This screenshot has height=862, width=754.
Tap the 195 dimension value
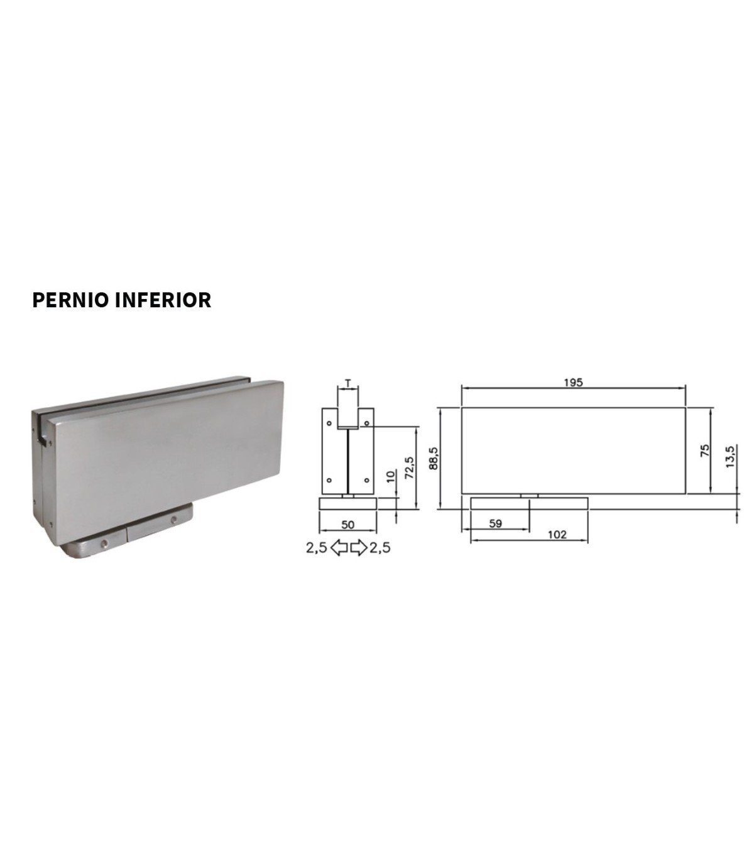pyautogui.click(x=573, y=383)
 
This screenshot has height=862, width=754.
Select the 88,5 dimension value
pyautogui.click(x=434, y=458)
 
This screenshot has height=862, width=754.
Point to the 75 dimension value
pyautogui.click(x=705, y=450)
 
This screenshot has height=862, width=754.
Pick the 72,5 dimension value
pyautogui.click(x=410, y=468)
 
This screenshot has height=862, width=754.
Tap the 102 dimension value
pyautogui.click(x=557, y=535)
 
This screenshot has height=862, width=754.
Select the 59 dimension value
pyautogui.click(x=495, y=524)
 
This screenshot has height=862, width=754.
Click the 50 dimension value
pyautogui.click(x=347, y=525)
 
